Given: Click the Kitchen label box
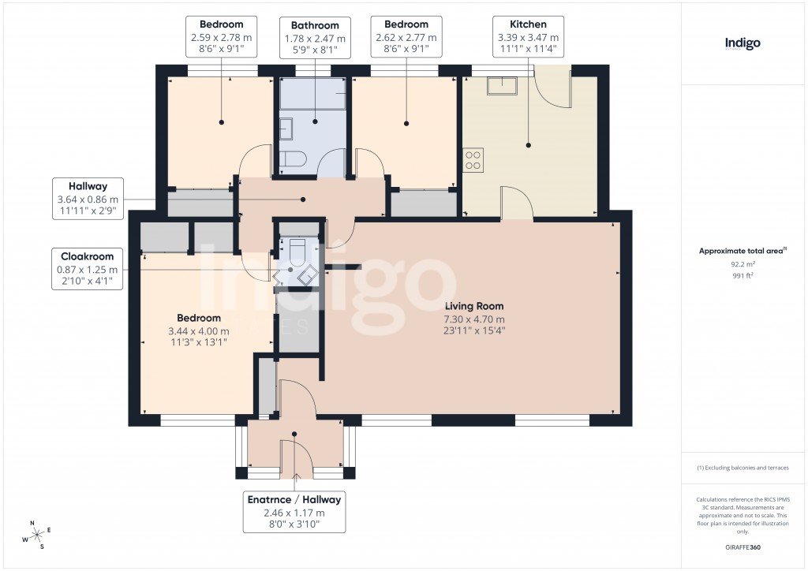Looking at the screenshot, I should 529,36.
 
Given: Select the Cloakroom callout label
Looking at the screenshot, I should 88,268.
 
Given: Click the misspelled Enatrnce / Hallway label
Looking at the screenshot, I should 294,513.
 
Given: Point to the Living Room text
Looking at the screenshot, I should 473,307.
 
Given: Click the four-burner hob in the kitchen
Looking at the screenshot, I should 473,161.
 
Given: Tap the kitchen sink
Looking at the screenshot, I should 503,85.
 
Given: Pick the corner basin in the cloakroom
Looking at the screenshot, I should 307,274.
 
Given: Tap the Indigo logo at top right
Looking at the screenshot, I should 743,43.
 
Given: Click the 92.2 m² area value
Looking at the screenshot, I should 743,265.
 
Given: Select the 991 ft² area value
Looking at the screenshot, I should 743,276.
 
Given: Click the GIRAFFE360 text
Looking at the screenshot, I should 743,547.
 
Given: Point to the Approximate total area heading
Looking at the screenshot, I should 743,251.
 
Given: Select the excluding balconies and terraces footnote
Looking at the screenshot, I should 743,468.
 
